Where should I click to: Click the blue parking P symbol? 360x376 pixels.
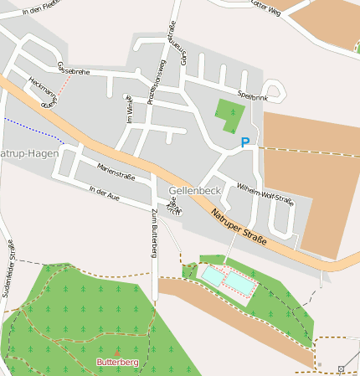click(245, 142)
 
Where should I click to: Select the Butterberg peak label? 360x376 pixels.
click(116, 362)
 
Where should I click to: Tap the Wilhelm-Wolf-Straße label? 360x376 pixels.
click(265, 193)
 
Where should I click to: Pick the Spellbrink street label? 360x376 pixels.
click(252, 96)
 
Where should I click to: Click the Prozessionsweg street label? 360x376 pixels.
click(156, 84)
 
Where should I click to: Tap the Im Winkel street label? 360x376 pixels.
click(129, 110)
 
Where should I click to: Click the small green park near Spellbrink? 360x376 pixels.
click(229, 115)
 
